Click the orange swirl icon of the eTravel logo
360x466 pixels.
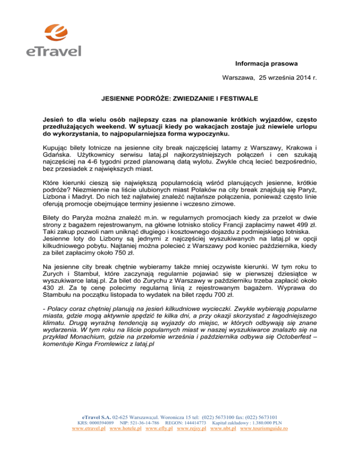pyautogui.click(x=53, y=29)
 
